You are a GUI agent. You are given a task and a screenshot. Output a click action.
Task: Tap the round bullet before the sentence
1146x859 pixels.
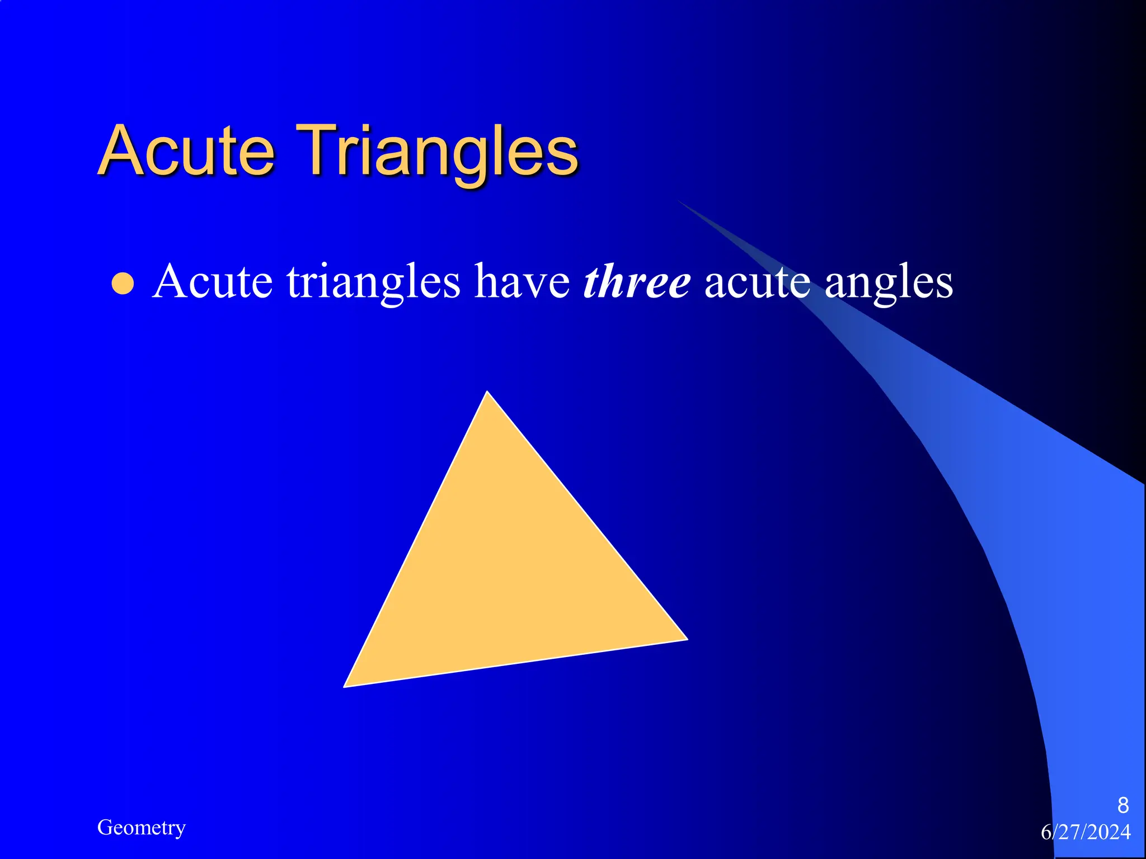[x=123, y=284]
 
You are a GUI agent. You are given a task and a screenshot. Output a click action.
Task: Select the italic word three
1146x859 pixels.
[x=636, y=281]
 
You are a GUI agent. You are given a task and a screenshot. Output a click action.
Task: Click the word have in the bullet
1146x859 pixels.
[x=522, y=281]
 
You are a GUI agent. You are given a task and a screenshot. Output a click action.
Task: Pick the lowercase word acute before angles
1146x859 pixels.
[x=757, y=281]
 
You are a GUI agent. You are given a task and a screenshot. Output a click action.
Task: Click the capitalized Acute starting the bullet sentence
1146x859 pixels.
[x=212, y=281]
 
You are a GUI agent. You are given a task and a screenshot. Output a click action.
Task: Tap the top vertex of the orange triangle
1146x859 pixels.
[x=487, y=393]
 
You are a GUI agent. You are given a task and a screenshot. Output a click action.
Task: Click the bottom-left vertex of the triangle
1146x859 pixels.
[x=345, y=686]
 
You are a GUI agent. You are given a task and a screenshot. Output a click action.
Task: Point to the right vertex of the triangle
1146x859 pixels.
[x=685, y=639]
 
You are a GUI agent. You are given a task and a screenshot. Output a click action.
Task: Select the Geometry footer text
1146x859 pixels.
[x=141, y=828]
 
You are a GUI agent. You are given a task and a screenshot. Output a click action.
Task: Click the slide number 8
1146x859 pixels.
[x=1122, y=805]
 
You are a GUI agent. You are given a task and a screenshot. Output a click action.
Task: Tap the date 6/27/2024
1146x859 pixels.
[x=1086, y=832]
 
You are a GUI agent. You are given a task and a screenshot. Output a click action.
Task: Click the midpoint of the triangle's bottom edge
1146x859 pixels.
[x=515, y=663]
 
